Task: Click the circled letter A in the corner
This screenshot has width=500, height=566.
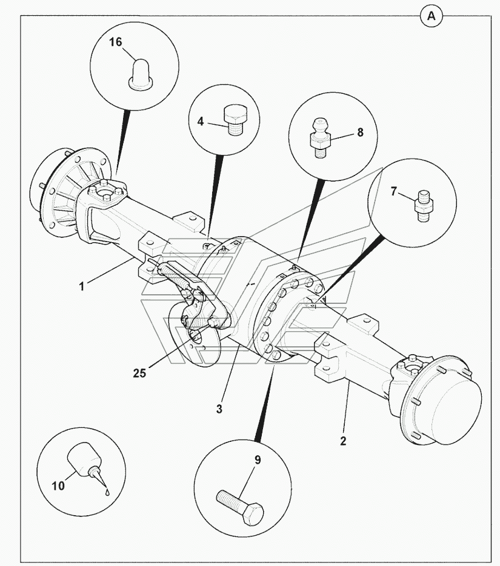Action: [x=431, y=16]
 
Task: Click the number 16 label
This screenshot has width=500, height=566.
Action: [x=116, y=42]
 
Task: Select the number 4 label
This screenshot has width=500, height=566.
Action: [x=199, y=120]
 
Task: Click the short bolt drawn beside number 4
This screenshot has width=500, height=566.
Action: [x=234, y=120]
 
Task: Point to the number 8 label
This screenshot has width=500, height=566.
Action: [x=360, y=132]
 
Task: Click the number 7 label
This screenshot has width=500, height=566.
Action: [x=393, y=192]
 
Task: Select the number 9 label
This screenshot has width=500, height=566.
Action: [x=257, y=461]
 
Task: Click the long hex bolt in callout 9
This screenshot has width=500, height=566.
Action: [x=240, y=507]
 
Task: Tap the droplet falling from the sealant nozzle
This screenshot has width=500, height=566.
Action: [x=107, y=492]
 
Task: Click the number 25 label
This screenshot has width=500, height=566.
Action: [x=139, y=373]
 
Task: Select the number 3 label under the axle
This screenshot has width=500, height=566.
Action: [x=219, y=409]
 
